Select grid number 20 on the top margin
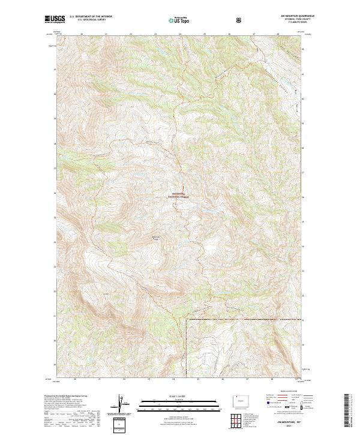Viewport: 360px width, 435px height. click(x=81, y=34)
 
